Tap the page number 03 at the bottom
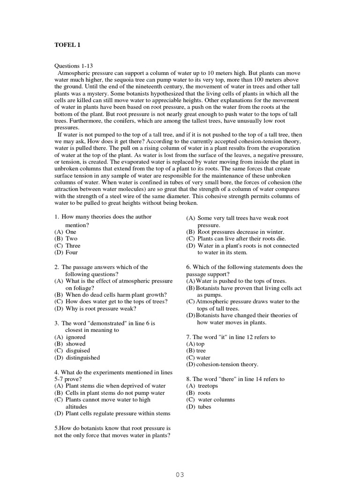click(x=180, y=474)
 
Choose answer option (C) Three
click(x=68, y=246)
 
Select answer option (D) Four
click(x=66, y=252)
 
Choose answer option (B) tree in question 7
click(x=196, y=351)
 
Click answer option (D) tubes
click(x=199, y=407)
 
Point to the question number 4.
click(x=56, y=372)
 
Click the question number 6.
click(x=188, y=267)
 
